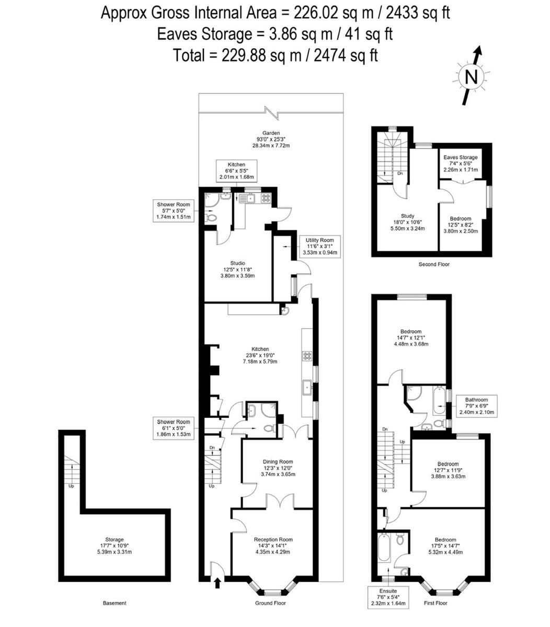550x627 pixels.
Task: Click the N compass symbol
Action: click(x=471, y=77)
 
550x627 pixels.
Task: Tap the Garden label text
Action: click(x=271, y=139)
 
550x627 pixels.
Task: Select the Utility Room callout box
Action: click(x=320, y=246)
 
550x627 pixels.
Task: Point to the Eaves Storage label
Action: click(x=460, y=163)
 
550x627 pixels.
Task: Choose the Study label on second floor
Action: click(x=407, y=222)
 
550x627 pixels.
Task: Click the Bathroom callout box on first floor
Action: click(x=476, y=406)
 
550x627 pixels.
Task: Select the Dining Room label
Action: click(x=278, y=468)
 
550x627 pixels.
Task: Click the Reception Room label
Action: click(x=273, y=545)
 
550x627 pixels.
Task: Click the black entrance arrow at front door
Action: click(x=217, y=582)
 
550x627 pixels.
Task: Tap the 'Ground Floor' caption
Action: click(x=270, y=603)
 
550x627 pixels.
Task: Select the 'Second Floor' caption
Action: click(x=434, y=264)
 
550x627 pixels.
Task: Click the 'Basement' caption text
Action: click(x=114, y=603)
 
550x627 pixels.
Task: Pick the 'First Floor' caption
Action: click(x=436, y=603)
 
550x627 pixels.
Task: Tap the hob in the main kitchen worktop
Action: click(x=307, y=356)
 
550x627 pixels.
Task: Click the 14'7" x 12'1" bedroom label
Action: click(x=411, y=338)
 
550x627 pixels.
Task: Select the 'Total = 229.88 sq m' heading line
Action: click(x=275, y=55)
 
